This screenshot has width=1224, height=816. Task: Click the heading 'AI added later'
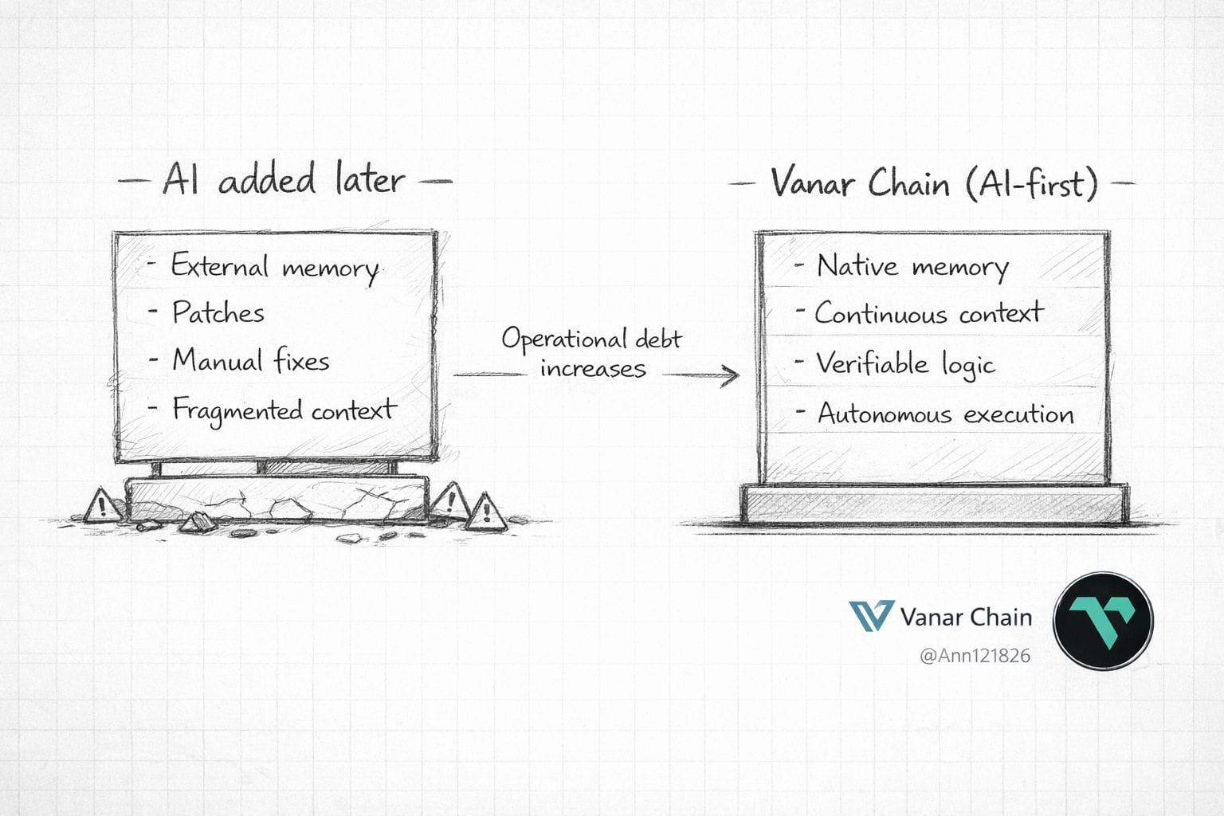(x=284, y=178)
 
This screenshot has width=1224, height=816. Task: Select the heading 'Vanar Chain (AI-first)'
(x=933, y=183)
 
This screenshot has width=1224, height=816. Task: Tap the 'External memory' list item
(x=274, y=267)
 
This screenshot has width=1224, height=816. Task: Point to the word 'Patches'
(x=218, y=312)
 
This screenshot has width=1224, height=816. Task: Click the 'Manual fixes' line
(x=250, y=361)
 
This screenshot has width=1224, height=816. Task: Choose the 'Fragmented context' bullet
(x=284, y=410)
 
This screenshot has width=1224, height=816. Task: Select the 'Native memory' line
(x=912, y=266)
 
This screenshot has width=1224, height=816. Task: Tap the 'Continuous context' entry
(x=928, y=313)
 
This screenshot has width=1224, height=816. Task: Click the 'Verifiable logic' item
(x=905, y=364)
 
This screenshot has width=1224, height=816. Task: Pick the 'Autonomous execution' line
(x=945, y=414)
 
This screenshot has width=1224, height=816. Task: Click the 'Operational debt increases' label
(x=591, y=352)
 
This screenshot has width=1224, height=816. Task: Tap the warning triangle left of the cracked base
(x=101, y=505)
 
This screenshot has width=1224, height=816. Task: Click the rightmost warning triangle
(x=484, y=513)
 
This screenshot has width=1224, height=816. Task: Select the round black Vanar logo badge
(x=1103, y=622)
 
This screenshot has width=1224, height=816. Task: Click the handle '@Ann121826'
(x=975, y=656)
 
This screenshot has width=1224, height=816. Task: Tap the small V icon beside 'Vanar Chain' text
(x=870, y=616)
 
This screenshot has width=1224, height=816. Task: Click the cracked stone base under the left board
(x=277, y=500)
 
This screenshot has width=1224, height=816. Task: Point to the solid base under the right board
(x=935, y=504)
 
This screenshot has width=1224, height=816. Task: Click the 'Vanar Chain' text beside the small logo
(x=965, y=617)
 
